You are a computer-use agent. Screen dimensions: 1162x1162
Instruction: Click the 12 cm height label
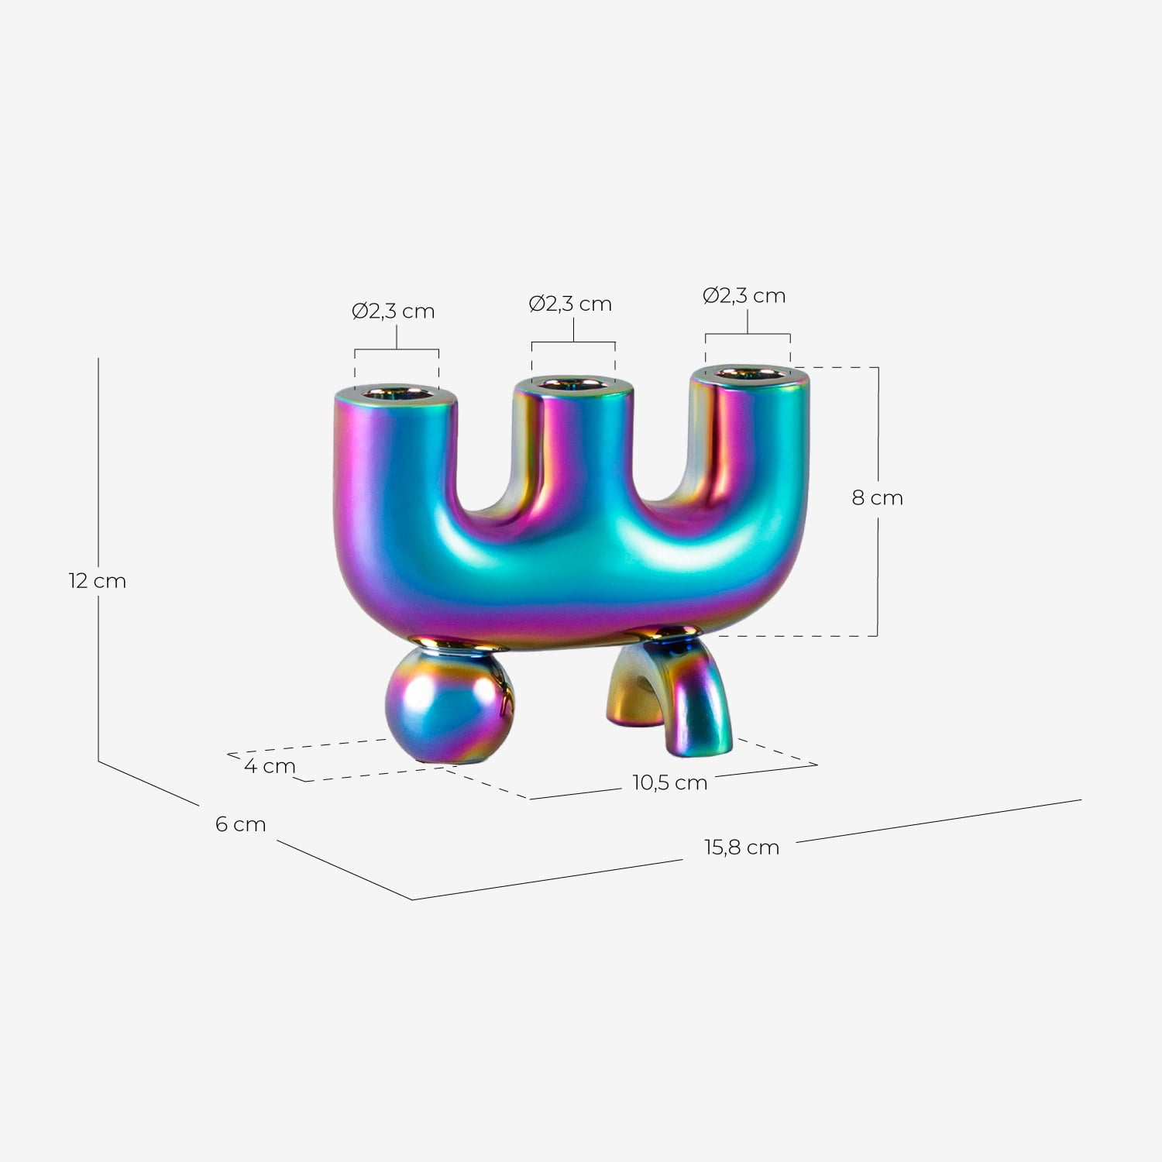coord(97,581)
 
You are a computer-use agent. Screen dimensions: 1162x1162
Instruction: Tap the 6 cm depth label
coord(240,824)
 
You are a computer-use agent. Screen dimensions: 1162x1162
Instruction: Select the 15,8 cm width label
coord(741,847)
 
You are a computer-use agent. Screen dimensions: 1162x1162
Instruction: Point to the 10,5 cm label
coord(669,783)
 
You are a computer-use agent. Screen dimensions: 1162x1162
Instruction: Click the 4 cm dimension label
coord(270,766)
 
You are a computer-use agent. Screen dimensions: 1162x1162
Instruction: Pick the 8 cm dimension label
coord(878,498)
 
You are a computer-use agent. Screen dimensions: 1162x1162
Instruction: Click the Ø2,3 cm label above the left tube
coord(394,311)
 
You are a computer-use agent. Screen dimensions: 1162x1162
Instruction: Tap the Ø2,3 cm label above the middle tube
coord(570,304)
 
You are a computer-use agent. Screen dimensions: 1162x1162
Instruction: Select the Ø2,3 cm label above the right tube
coord(744,296)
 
